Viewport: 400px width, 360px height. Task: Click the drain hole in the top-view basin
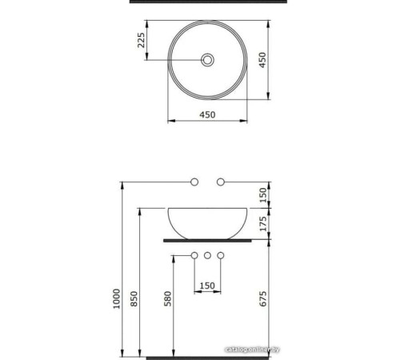coord(207,59)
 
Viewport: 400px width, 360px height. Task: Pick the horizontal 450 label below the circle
coord(207,114)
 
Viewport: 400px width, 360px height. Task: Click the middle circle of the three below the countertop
coord(207,256)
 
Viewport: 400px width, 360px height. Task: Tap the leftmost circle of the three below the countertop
coord(193,256)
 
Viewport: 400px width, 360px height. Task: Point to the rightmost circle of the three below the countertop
coord(222,256)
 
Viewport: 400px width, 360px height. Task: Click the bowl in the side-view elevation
coord(207,221)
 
